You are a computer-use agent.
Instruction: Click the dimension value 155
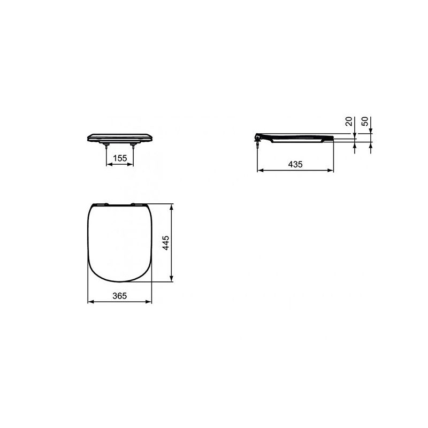point(120,158)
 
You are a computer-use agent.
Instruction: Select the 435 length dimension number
point(295,164)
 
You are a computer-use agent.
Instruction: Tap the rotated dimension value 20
point(349,121)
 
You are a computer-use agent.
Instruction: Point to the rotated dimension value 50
point(365,121)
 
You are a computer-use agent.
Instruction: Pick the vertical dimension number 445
point(166,243)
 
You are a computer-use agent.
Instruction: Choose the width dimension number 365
point(120,296)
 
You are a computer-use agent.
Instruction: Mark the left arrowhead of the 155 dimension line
point(109,164)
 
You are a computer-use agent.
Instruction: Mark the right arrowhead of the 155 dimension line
point(131,164)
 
